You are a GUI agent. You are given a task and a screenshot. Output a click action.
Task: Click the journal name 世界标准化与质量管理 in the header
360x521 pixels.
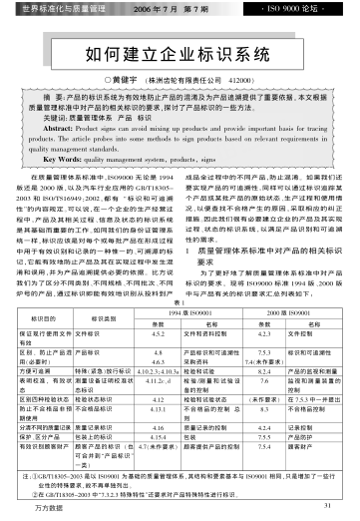pos(66,9)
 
